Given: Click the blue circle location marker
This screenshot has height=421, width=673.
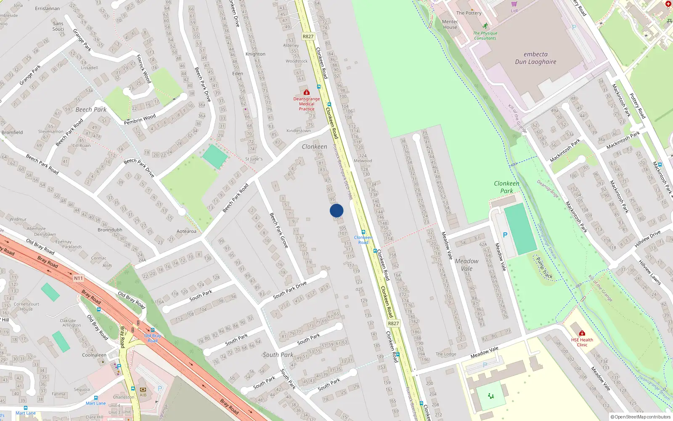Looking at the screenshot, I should pyautogui.click(x=336, y=210).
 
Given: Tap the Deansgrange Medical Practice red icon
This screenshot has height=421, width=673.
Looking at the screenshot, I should pyautogui.click(x=307, y=92).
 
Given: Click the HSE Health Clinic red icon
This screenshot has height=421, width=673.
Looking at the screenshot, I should pyautogui.click(x=582, y=333).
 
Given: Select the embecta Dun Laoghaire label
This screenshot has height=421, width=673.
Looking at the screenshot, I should pyautogui.click(x=535, y=58).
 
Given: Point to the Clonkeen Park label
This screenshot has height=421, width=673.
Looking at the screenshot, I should pyautogui.click(x=506, y=187).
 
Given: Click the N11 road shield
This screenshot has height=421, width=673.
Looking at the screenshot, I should pyautogui.click(x=79, y=278).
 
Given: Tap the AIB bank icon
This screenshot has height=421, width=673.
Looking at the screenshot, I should pyautogui.click(x=143, y=390).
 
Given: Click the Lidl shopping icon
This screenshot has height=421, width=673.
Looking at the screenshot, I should pyautogui.click(x=514, y=4).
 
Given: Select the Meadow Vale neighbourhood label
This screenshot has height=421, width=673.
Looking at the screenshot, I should pyautogui.click(x=466, y=265).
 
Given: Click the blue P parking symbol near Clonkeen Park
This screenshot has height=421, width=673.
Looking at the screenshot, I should pyautogui.click(x=505, y=235).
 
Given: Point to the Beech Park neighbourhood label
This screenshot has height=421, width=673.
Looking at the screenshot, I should pyautogui.click(x=91, y=109).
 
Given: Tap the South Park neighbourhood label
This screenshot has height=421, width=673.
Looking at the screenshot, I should pyautogui.click(x=278, y=355).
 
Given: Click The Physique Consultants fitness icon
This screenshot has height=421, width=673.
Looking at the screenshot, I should pyautogui.click(x=485, y=26).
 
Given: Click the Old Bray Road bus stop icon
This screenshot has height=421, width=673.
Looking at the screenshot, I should pyautogui.click(x=152, y=330).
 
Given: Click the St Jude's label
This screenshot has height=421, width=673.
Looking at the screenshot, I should pyautogui.click(x=254, y=159).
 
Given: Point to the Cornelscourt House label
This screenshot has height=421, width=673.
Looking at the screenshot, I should pyautogui.click(x=26, y=306).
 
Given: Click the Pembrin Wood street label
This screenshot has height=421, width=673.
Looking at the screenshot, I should pyautogui.click(x=140, y=119).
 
